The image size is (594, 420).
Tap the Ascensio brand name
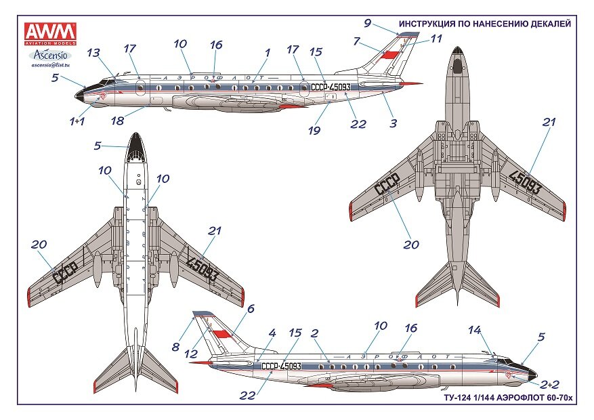(x=51, y=53)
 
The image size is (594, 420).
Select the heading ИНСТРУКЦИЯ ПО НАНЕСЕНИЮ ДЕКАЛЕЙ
(x=484, y=24)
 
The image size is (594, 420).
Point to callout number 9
(x=367, y=22)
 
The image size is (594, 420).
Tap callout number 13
(x=94, y=53)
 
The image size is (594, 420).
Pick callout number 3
(x=393, y=123)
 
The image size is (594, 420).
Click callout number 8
(x=175, y=347)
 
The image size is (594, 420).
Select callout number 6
(x=250, y=308)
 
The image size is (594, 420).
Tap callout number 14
(x=474, y=330)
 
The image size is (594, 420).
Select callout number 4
(x=272, y=333)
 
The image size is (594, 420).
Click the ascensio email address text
(x=51, y=66)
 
